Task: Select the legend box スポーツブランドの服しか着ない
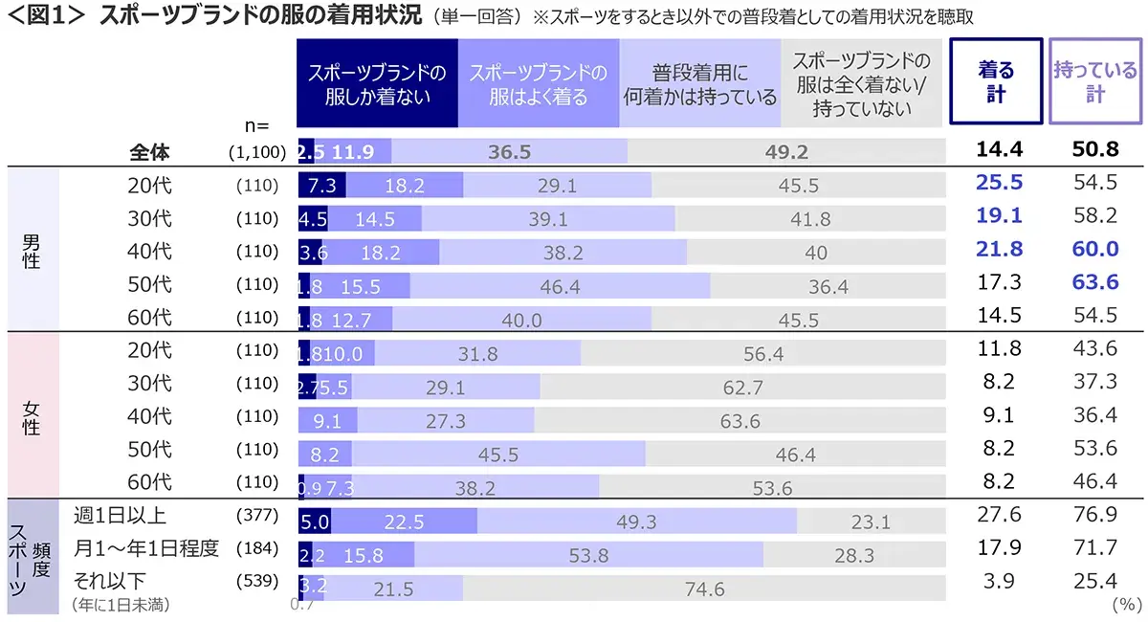click(377, 84)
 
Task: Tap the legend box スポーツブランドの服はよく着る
click(539, 84)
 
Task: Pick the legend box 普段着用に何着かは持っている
click(699, 84)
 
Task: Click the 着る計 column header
click(995, 82)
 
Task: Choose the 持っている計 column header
click(1094, 82)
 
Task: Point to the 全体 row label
click(150, 152)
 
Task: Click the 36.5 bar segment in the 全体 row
click(509, 152)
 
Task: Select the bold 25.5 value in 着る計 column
click(999, 185)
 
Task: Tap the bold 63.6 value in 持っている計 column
click(1094, 284)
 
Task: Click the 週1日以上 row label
click(120, 516)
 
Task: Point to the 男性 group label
click(32, 250)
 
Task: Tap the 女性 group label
click(32, 416)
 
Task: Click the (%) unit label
click(1126, 605)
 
